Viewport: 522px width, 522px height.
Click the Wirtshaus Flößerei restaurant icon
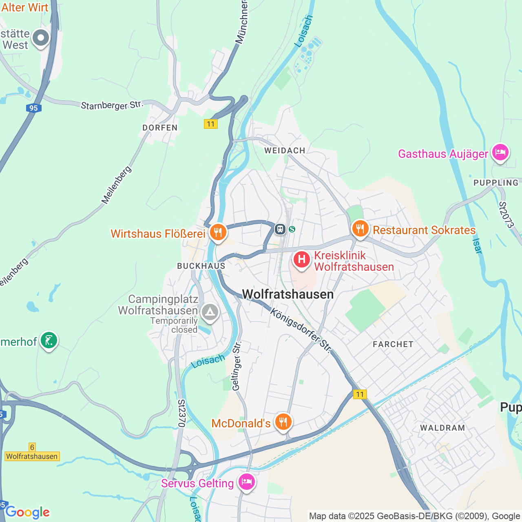tap(218, 233)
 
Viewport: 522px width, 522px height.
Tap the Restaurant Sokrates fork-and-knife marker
tap(360, 229)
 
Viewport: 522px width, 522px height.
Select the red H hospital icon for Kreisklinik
tap(301, 260)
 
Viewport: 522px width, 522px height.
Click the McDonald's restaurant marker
tap(283, 422)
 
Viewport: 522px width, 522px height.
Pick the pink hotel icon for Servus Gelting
tap(247, 482)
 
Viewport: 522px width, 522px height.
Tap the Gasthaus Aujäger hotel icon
tap(500, 153)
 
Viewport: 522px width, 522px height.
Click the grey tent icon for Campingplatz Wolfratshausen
tap(210, 313)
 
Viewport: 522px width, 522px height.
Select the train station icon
tap(280, 229)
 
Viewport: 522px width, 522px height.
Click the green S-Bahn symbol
tap(292, 229)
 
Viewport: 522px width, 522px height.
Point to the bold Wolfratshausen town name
tap(288, 294)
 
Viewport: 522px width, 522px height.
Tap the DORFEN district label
tap(160, 128)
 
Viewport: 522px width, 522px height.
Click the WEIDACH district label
tap(285, 150)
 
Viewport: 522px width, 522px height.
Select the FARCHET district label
tap(393, 344)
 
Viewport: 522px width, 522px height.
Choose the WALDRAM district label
tap(442, 428)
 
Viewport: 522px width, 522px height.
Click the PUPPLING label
tap(496, 183)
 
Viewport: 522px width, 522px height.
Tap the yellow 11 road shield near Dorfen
tap(210, 124)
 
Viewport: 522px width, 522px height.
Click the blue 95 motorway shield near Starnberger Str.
tap(33, 108)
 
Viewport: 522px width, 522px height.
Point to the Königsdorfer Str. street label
tap(301, 330)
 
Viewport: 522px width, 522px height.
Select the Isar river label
tap(477, 246)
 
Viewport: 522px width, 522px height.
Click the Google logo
tap(27, 512)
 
